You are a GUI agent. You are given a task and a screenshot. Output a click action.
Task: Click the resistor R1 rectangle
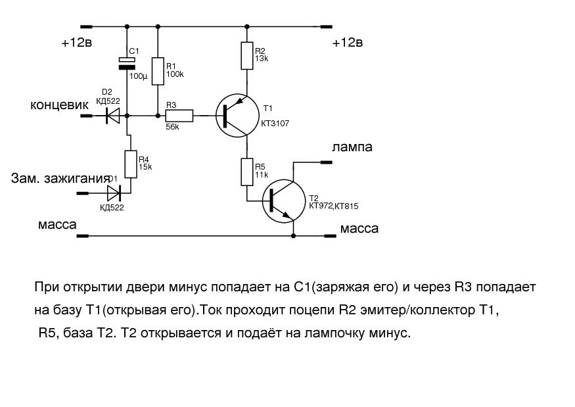point(158,71)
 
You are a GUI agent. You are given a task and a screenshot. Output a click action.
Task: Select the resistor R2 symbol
point(247,56)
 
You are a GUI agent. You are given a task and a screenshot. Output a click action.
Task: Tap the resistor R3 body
point(179,116)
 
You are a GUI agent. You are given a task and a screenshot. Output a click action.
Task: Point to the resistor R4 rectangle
point(131,164)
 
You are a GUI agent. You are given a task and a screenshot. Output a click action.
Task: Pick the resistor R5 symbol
point(247,172)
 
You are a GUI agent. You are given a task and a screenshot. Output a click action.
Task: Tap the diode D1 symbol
point(114,193)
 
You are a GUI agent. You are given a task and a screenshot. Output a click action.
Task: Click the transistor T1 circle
point(237,116)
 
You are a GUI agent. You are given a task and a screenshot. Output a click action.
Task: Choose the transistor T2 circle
point(284,201)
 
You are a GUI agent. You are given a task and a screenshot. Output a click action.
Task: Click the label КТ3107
point(275,124)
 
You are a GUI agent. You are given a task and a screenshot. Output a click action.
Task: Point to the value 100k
point(175,74)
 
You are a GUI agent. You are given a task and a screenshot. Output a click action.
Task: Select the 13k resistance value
point(262,59)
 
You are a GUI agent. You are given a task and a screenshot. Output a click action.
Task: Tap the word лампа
point(352,147)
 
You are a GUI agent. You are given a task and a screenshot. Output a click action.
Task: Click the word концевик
point(59,105)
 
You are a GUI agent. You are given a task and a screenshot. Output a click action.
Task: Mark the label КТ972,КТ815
point(334,206)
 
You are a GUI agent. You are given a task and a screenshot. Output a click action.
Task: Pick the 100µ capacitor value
point(138,77)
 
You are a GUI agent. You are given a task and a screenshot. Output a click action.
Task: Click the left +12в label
point(77,43)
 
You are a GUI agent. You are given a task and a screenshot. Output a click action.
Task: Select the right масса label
point(359,229)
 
